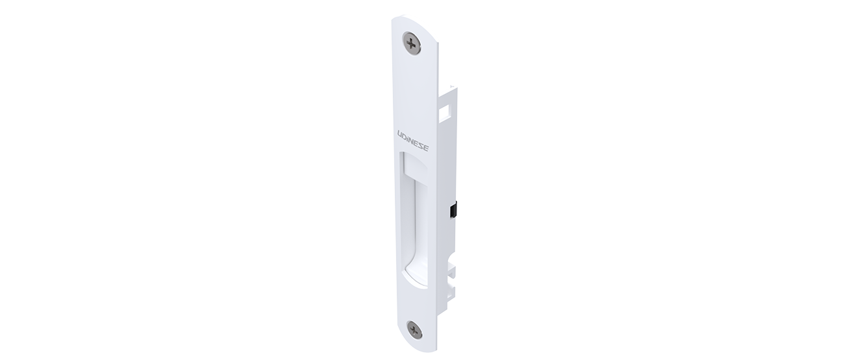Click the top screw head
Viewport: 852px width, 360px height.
[412, 44]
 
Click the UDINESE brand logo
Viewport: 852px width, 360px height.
[412, 140]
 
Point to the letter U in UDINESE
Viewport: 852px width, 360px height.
[400, 134]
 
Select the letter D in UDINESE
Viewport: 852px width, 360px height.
[405, 136]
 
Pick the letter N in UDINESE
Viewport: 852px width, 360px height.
[412, 140]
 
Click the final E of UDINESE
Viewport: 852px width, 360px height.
[426, 148]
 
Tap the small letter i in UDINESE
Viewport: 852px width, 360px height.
[408, 138]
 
